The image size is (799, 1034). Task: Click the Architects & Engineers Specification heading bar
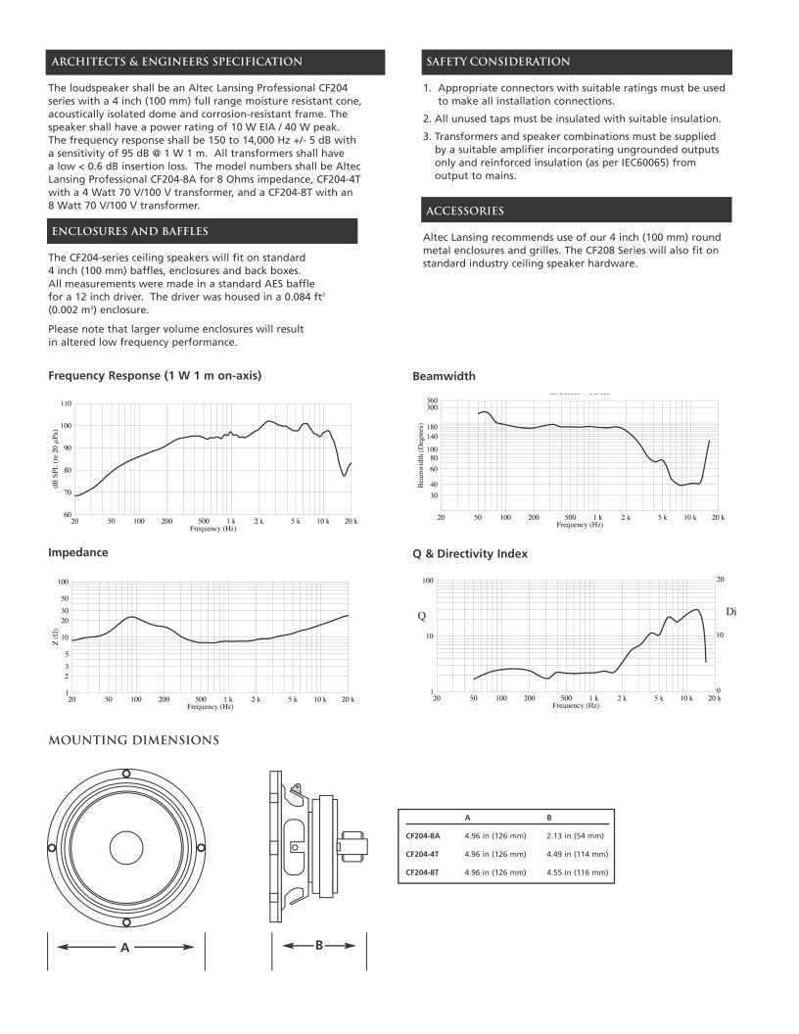176,63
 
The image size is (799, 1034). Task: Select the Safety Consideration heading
497,63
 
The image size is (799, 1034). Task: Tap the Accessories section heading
465,211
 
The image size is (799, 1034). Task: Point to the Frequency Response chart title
155,376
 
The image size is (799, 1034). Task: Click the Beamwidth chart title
444,376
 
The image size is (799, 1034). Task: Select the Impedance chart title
78,553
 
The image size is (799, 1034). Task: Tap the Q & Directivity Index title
470,554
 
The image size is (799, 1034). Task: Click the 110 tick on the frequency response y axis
67,403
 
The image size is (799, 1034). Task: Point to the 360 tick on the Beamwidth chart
432,400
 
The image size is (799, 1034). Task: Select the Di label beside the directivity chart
730,612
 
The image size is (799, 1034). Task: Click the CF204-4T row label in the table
422,854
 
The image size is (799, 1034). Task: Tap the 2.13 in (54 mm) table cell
575,836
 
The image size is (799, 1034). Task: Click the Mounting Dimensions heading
133,740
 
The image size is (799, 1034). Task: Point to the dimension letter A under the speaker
125,948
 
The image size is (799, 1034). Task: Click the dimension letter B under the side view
319,947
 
